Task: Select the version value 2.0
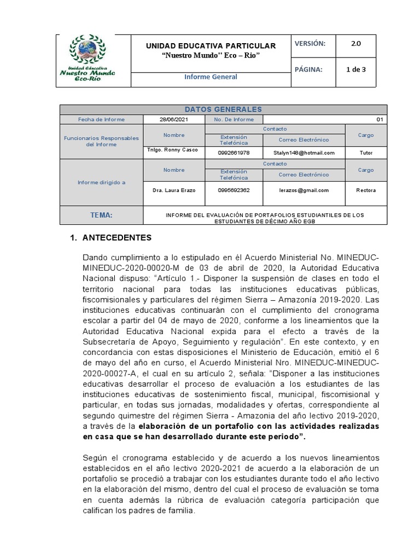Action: [x=355, y=44]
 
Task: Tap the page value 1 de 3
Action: [x=356, y=69]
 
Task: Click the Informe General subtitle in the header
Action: [x=211, y=77]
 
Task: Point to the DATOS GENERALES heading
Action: [x=223, y=109]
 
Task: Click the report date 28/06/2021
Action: [x=173, y=119]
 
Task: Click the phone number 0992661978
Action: [x=234, y=153]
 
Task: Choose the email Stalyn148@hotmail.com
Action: [x=304, y=153]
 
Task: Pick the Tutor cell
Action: [x=366, y=153]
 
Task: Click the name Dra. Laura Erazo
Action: [x=173, y=190]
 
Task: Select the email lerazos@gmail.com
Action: [x=304, y=190]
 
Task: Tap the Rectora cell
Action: [x=366, y=190]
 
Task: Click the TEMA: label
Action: [x=101, y=215]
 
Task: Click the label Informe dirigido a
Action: [x=101, y=183]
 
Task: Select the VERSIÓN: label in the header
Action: [x=310, y=44]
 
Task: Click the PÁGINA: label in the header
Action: [x=308, y=69]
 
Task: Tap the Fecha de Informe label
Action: [x=101, y=119]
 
